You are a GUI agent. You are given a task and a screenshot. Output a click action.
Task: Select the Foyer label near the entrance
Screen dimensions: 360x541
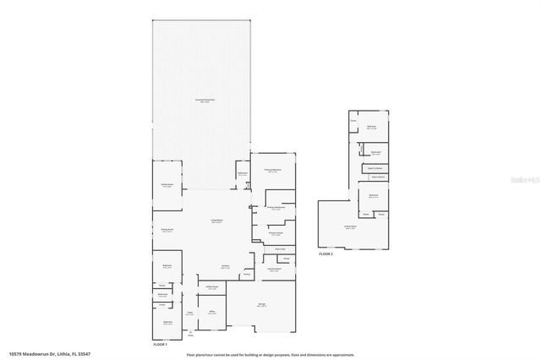tap(190, 313)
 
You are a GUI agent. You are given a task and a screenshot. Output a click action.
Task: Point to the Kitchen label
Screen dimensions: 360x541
tap(226, 266)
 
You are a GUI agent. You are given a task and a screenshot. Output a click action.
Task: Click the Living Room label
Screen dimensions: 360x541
tap(216, 221)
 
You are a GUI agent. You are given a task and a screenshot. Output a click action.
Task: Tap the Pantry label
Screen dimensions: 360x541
tap(247, 274)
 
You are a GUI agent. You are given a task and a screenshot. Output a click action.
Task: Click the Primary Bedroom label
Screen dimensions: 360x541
tap(271, 169)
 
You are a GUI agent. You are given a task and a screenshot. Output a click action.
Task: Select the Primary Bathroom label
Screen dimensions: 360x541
tap(276, 207)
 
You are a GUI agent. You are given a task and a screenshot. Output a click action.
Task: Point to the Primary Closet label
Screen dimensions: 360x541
tap(276, 233)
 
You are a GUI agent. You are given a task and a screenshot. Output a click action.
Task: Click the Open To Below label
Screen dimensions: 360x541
tap(375, 168)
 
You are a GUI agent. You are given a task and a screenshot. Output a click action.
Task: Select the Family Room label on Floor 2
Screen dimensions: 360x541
tap(350, 226)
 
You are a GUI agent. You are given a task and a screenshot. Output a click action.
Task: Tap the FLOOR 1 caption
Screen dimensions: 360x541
tap(160, 345)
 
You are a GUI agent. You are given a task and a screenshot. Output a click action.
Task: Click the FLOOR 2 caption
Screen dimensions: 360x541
tap(325, 254)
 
